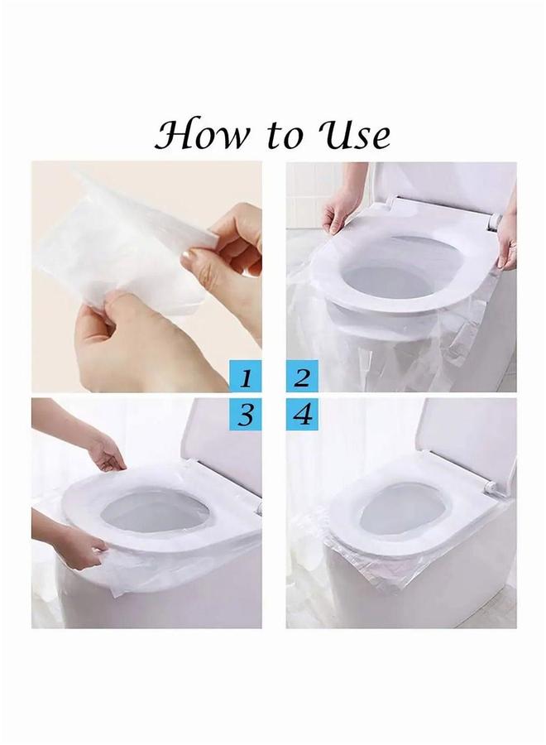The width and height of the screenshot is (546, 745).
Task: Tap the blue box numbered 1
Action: click(x=246, y=378)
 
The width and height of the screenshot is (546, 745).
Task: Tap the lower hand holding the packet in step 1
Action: click(x=124, y=348)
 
